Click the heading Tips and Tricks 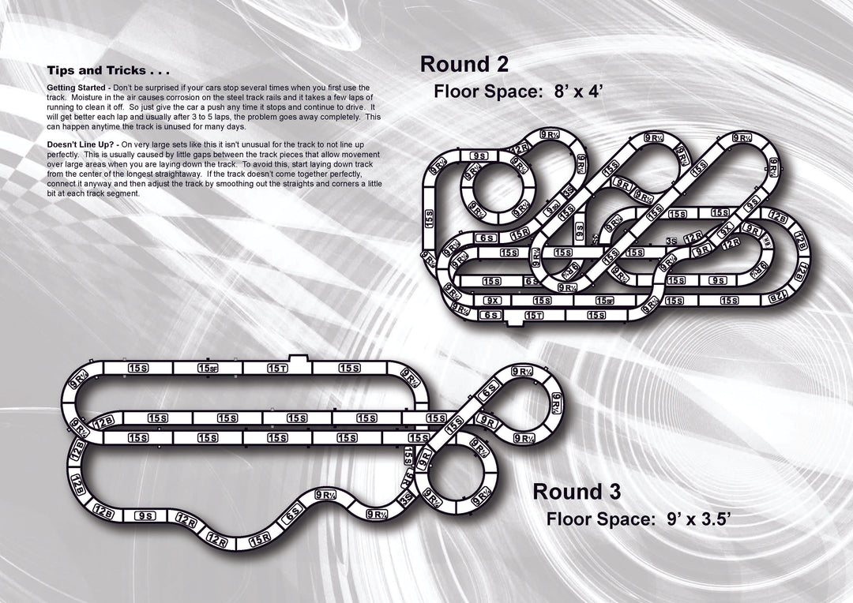click(107, 71)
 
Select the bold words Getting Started click(77, 87)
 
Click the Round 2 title click(464, 64)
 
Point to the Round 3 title click(577, 491)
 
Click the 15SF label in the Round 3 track click(208, 368)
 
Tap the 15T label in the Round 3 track click(277, 368)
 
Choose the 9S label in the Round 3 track click(145, 515)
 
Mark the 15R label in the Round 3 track click(260, 541)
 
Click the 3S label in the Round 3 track click(408, 498)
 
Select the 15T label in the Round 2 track click(534, 315)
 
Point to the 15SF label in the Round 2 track click(604, 301)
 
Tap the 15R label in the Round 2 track click(520, 234)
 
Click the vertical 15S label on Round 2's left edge click(429, 219)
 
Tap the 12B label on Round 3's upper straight click(103, 423)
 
